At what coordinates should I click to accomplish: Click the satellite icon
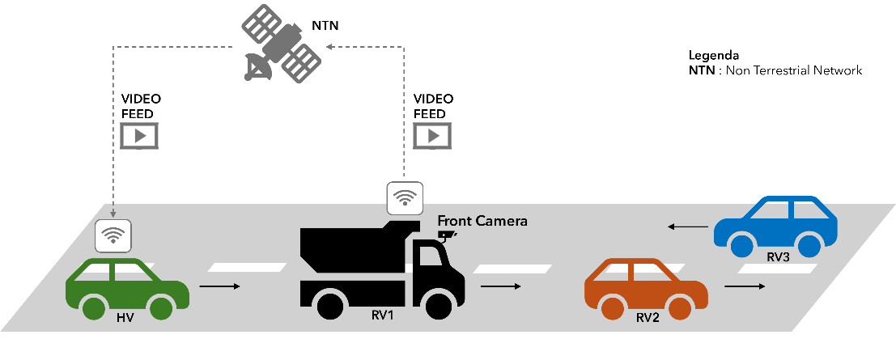click(x=279, y=46)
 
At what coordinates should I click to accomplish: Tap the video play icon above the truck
click(x=431, y=135)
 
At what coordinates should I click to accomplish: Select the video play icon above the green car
click(x=139, y=135)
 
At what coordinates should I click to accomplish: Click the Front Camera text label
click(x=482, y=220)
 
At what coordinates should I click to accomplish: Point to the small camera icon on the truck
click(x=447, y=235)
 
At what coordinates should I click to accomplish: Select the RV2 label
click(x=647, y=317)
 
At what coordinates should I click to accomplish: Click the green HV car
click(x=127, y=288)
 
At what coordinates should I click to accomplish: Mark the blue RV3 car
click(x=775, y=224)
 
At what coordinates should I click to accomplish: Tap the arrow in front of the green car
click(x=220, y=286)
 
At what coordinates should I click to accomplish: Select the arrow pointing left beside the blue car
click(x=687, y=228)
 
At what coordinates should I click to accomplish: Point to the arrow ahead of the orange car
click(x=744, y=286)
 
